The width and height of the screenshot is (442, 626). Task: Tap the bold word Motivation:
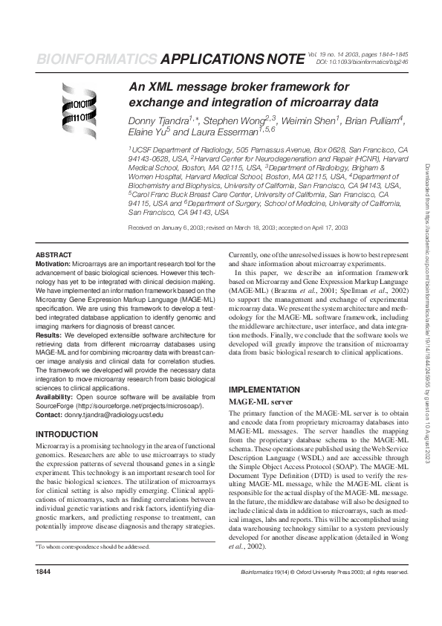(53, 263)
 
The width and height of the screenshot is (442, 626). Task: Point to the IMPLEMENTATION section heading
(264, 390)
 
